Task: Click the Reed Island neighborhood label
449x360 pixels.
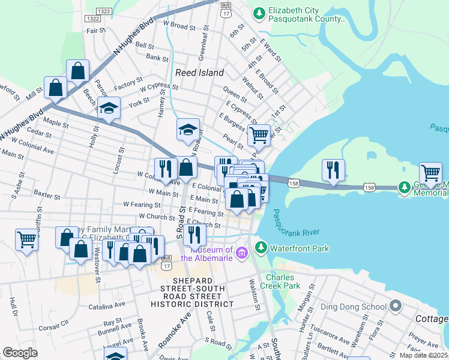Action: (x=199, y=73)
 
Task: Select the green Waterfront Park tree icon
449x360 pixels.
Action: (x=261, y=247)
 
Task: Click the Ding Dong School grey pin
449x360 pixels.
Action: (x=394, y=307)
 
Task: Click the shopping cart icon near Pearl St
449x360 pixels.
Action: (x=259, y=134)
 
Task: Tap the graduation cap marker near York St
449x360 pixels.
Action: (x=109, y=108)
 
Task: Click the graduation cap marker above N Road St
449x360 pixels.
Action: (x=188, y=130)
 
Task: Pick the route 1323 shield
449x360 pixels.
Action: (x=103, y=11)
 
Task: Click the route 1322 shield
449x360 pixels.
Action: (x=93, y=19)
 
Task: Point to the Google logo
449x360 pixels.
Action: (x=20, y=352)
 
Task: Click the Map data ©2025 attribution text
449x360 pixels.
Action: (x=423, y=355)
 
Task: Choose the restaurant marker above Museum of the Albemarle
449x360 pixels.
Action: (x=195, y=234)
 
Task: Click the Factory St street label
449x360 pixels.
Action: (x=128, y=83)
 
